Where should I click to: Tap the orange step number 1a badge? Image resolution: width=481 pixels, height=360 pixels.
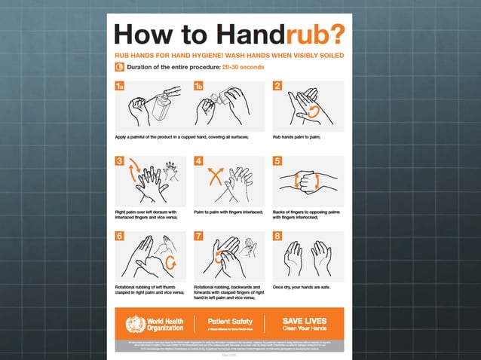pyautogui.click(x=120, y=86)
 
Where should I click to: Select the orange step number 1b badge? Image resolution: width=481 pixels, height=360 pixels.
pyautogui.click(x=199, y=86)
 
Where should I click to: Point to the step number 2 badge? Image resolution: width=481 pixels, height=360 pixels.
pyautogui.click(x=277, y=86)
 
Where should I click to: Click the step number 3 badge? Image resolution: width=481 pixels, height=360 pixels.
pyautogui.click(x=120, y=160)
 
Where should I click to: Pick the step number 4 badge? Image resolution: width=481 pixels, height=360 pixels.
pyautogui.click(x=199, y=160)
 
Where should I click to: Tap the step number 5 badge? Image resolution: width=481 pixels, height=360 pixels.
pyautogui.click(x=277, y=160)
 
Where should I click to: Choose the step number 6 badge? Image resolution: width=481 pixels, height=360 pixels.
pyautogui.click(x=120, y=236)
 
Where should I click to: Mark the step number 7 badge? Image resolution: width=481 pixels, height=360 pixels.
pyautogui.click(x=199, y=236)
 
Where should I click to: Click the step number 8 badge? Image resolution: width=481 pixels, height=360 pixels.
pyautogui.click(x=277, y=236)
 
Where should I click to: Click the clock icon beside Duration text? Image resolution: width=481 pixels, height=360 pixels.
pyautogui.click(x=119, y=67)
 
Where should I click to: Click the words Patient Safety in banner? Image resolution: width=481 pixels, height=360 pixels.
pyautogui.click(x=229, y=320)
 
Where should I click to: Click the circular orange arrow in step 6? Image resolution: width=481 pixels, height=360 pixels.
pyautogui.click(x=171, y=263)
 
